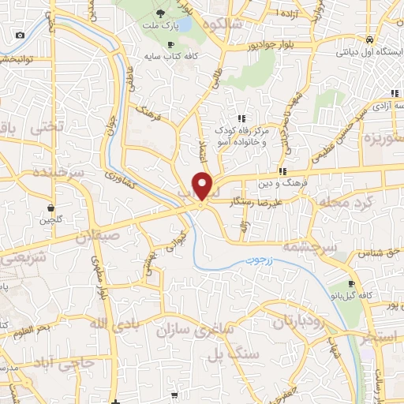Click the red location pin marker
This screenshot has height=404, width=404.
pyautogui.click(x=203, y=186)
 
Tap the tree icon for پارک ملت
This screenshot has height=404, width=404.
pyautogui.click(x=160, y=13)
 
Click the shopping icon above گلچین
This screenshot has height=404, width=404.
pyautogui.click(x=51, y=208)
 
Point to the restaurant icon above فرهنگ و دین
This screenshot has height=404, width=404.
pyautogui.click(x=282, y=171)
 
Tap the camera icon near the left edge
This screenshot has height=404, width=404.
pyautogui.click(x=20, y=35)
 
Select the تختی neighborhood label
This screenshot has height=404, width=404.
pyautogui.click(x=43, y=127)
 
